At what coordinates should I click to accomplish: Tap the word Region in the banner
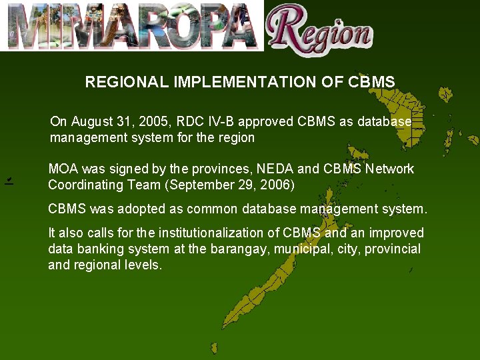(x=320, y=30)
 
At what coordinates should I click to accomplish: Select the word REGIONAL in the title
(x=127, y=82)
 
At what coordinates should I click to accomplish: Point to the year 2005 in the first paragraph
(x=155, y=121)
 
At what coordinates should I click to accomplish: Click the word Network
(x=389, y=169)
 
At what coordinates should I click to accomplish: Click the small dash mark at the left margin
(x=9, y=181)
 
